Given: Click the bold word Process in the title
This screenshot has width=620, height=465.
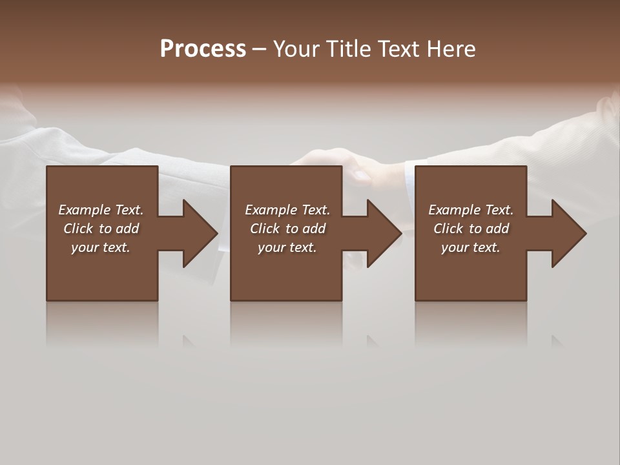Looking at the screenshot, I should [x=203, y=49].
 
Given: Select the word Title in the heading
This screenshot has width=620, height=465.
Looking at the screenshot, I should [x=348, y=49].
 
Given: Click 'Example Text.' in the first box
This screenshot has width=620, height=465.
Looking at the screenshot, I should [x=101, y=210].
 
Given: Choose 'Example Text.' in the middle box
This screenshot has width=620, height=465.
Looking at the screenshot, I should [x=287, y=210].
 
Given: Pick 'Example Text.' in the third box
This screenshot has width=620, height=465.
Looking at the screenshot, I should [x=471, y=210].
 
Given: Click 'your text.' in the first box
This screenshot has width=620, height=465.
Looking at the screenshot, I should [x=101, y=247].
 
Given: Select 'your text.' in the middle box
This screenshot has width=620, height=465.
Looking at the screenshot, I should [x=287, y=247].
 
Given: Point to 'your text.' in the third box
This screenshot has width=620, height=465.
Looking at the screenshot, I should [x=471, y=247].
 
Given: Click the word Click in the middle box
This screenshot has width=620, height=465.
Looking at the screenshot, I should [x=265, y=229].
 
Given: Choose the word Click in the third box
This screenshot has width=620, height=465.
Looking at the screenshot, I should [x=448, y=229].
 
